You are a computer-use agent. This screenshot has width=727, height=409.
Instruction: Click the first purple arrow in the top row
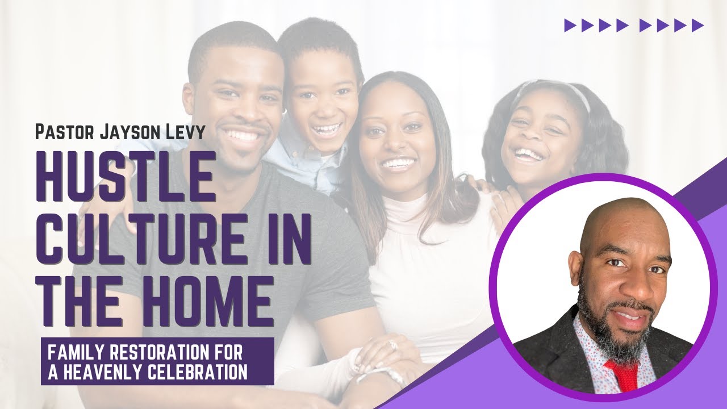570,25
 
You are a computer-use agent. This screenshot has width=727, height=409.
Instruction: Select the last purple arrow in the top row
697,25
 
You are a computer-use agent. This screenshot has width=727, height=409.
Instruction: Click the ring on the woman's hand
392,345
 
